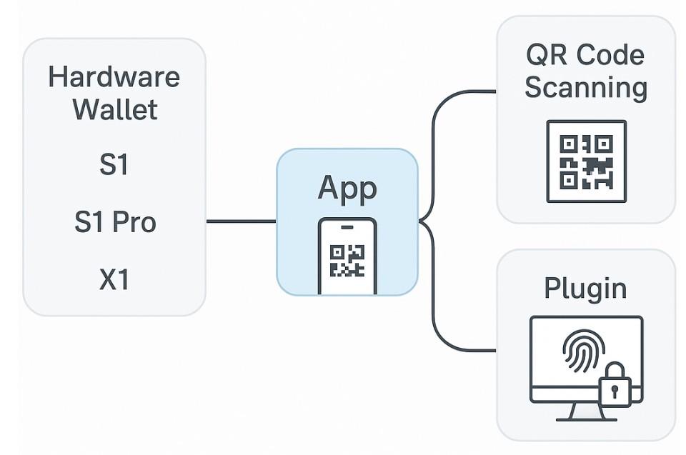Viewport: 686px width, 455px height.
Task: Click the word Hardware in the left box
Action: [114, 77]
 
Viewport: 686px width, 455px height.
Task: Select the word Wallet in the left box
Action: [114, 111]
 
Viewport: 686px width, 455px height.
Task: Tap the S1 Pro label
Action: [114, 223]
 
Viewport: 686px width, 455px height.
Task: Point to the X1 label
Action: [114, 279]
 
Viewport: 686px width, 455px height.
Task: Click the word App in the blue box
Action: [347, 189]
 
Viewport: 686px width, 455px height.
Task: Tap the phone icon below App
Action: [347, 256]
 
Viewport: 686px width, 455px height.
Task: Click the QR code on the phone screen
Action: [347, 261]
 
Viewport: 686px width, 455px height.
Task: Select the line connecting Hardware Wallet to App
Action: [241, 221]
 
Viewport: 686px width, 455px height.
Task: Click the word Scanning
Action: [586, 89]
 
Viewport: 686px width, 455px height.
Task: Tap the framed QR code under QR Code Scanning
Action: [586, 161]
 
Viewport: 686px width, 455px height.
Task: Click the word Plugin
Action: [586, 288]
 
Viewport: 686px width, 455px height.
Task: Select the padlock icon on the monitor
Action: [615, 385]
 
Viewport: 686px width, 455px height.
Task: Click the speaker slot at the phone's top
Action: [347, 227]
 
